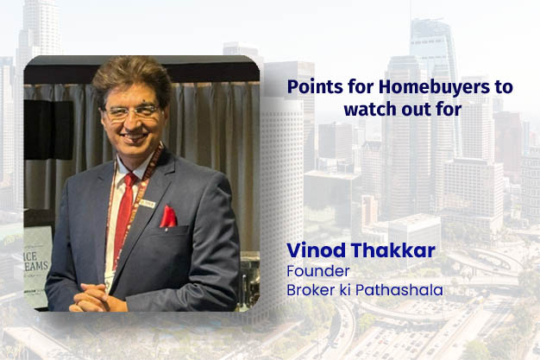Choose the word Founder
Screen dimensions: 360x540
[311, 272]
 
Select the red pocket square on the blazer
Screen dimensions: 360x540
[167, 218]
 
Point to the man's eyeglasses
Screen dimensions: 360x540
[132, 113]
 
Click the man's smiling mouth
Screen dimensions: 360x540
[133, 140]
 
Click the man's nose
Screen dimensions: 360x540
[134, 123]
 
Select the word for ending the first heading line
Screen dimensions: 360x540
[497, 88]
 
